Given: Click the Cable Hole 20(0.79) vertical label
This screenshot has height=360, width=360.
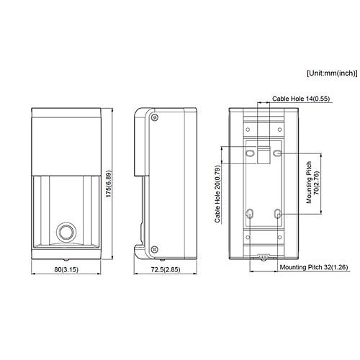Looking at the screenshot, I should [x=217, y=194].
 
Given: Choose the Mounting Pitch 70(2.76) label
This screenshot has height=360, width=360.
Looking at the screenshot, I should [x=311, y=186].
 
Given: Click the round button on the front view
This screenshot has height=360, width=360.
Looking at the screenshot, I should [x=66, y=233].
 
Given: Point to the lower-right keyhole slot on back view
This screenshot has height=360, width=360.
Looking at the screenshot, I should [x=278, y=214].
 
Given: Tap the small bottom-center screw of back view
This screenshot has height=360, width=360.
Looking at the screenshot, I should [x=264, y=256].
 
